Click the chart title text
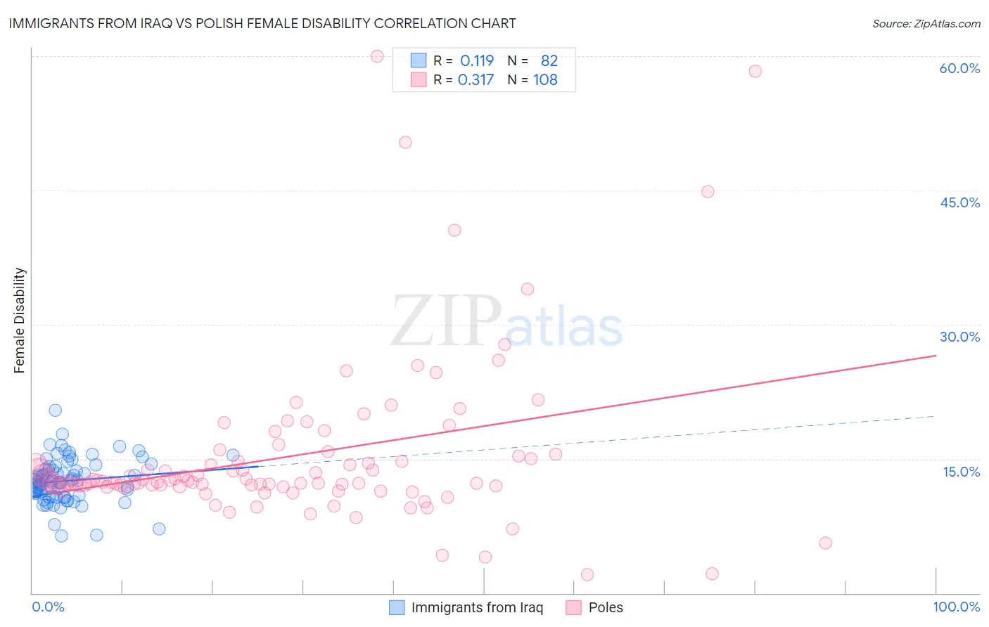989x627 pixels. click(x=262, y=23)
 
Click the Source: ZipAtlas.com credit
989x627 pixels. click(x=926, y=23)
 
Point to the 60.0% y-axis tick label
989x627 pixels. click(x=959, y=68)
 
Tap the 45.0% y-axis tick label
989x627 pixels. click(x=959, y=202)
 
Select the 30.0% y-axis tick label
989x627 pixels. click(x=959, y=337)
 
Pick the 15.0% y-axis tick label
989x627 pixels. click(x=961, y=472)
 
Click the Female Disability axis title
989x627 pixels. click(x=20, y=320)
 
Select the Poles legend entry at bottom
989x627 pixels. click(x=605, y=607)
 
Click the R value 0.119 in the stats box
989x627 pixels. click(x=477, y=61)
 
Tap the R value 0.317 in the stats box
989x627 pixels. click(x=476, y=80)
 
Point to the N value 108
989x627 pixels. click(x=545, y=80)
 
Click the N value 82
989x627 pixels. click(x=549, y=61)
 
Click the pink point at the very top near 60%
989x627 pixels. click(x=377, y=56)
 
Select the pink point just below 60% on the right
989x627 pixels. click(x=755, y=71)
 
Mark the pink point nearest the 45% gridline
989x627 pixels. click(x=708, y=192)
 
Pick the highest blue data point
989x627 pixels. click(x=55, y=411)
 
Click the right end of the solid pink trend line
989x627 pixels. click(x=936, y=356)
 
